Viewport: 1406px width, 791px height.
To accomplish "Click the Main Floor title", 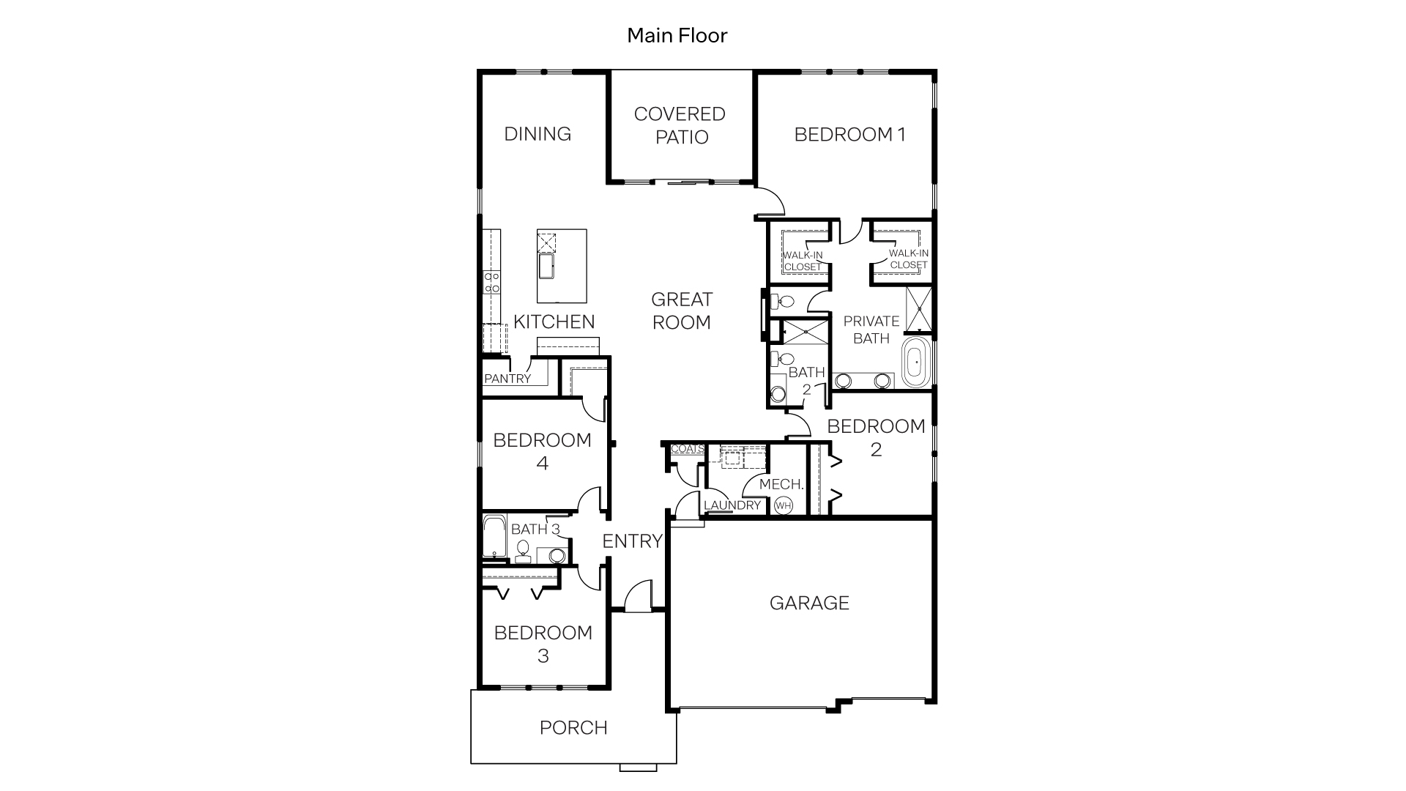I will [x=677, y=35].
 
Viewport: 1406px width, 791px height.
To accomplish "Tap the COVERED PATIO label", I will [x=680, y=125].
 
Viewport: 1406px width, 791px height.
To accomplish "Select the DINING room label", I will [x=538, y=134].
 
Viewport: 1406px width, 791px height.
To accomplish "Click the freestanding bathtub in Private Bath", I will [x=915, y=362].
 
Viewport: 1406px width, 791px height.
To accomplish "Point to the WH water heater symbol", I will [x=784, y=505].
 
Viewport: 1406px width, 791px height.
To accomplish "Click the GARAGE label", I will [x=809, y=603].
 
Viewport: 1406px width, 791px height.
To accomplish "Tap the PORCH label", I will [x=573, y=727].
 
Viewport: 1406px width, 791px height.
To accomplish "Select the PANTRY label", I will [x=507, y=379].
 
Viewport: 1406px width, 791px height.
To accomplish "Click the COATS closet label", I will [x=687, y=449].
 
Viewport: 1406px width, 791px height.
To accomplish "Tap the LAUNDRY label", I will [x=732, y=505].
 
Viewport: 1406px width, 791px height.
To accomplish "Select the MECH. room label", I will [x=781, y=484].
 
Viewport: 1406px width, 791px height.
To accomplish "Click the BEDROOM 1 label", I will [x=849, y=135].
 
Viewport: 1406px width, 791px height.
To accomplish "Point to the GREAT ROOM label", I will [x=681, y=311].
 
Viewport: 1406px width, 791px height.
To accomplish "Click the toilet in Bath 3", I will [x=523, y=549].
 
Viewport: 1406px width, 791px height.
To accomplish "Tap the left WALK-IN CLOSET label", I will [x=803, y=261].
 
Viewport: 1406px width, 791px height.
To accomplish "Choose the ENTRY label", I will [x=632, y=541].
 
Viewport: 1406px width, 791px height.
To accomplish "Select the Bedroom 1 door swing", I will [x=770, y=199].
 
